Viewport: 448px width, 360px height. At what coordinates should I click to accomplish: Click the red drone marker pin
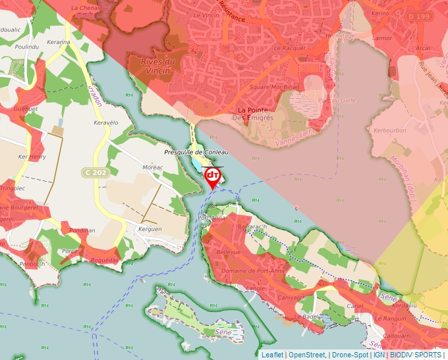[213, 176]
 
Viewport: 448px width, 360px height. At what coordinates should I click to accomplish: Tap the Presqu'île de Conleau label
[196, 152]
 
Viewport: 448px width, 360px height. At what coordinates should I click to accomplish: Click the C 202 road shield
[95, 172]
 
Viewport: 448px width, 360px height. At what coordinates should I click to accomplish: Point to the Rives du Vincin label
[158, 65]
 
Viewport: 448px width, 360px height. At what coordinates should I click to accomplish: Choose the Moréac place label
[152, 168]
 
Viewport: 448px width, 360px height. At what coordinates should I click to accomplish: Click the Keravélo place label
[105, 123]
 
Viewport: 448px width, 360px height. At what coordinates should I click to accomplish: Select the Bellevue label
[229, 252]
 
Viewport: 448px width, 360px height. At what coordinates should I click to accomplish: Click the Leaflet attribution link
[272, 355]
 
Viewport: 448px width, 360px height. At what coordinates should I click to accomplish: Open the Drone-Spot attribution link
[350, 355]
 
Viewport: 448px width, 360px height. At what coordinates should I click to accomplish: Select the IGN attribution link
[379, 355]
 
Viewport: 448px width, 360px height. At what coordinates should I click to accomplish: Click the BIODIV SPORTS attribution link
[416, 355]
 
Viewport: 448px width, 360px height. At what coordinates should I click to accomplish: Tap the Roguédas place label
[104, 259]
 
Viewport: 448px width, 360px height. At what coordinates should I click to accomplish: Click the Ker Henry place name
[32, 157]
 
